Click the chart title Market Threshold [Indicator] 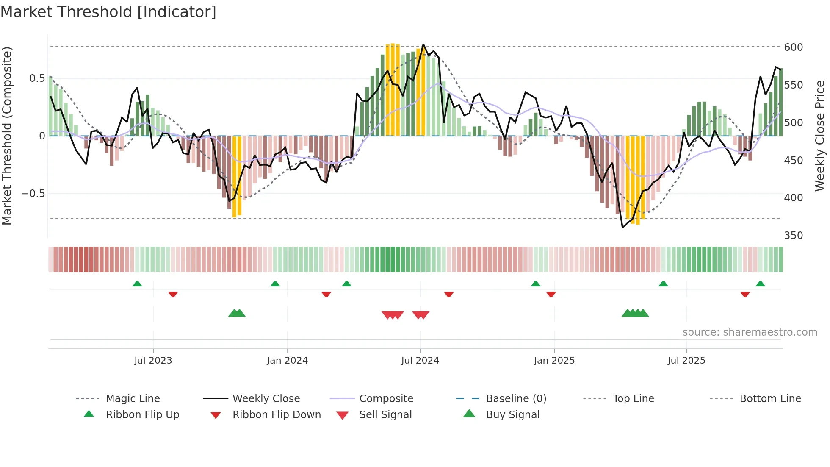click(108, 12)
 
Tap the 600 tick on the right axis click(793, 47)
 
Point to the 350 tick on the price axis click(793, 235)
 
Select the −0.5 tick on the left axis click(33, 193)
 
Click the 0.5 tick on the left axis click(37, 78)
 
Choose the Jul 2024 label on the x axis click(420, 360)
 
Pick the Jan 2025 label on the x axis click(554, 360)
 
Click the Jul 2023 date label click(153, 360)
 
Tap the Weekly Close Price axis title click(819, 136)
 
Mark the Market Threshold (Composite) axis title click(7, 136)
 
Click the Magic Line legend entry click(133, 398)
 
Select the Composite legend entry click(386, 398)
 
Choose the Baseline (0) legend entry click(516, 398)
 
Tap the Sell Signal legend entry click(385, 414)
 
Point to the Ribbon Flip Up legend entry click(142, 414)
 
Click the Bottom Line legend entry click(770, 398)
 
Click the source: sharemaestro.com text click(750, 332)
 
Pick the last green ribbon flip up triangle click(760, 284)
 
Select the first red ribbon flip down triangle click(173, 294)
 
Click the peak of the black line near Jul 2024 click(423, 44)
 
